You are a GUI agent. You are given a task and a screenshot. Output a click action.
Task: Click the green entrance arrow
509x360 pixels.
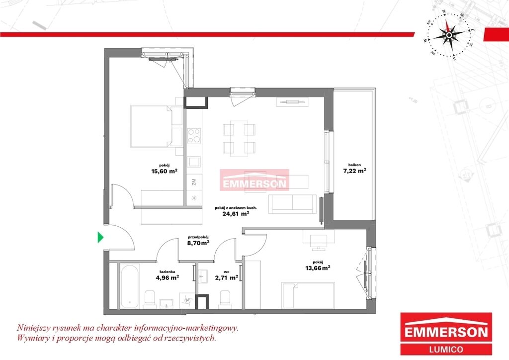point(100,237)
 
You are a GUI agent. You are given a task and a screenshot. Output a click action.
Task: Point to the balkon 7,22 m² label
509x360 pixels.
point(354,168)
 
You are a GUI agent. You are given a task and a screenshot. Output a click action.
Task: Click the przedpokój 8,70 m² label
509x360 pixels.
point(198,240)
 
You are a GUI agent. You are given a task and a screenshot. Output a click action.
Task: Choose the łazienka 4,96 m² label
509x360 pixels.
point(168,274)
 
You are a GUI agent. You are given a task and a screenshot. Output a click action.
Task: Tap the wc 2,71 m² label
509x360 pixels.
point(227,275)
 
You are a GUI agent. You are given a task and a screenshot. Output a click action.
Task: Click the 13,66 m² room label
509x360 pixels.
point(318,265)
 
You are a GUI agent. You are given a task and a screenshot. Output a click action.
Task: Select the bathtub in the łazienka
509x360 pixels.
point(130,286)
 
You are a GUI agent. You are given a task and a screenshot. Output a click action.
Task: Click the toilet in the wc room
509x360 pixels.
point(225,298)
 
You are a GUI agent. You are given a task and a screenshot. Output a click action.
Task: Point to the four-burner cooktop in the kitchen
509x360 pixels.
point(194,136)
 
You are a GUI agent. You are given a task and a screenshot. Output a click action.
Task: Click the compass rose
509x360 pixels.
point(448,35)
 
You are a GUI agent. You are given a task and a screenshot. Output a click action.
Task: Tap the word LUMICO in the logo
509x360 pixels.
point(446,349)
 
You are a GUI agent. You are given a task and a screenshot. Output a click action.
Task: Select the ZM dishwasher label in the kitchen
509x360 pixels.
point(194,182)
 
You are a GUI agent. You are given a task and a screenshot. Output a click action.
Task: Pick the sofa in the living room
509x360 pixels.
point(292,204)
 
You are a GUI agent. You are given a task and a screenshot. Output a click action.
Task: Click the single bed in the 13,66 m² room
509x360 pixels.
point(308,295)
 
